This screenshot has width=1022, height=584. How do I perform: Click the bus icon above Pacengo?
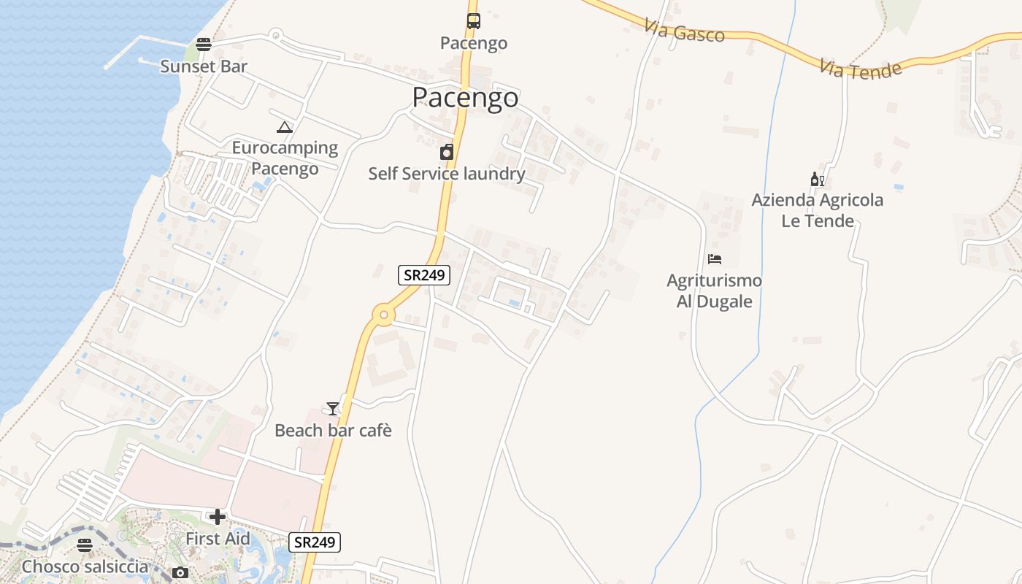pos(474,21)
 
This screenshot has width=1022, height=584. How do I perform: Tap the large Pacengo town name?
pos(465,97)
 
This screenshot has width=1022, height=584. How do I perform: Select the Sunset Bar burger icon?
pos(204,45)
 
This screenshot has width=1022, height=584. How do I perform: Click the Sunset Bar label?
pos(204,66)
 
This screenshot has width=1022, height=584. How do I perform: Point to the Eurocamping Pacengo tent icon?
pos(285,128)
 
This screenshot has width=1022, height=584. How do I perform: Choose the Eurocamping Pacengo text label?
pos(285,158)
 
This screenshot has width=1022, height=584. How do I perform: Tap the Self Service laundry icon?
pos(446,152)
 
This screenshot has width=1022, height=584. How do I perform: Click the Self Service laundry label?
pos(446,174)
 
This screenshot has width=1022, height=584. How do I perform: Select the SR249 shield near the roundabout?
pos(424,275)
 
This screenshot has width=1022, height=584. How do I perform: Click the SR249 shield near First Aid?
pos(315,542)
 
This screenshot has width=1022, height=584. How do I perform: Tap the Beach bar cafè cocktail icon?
pos(333,409)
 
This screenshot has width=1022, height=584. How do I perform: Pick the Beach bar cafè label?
pos(333,431)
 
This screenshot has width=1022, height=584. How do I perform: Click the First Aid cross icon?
pos(217,518)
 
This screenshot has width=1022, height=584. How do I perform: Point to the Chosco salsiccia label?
pos(85,566)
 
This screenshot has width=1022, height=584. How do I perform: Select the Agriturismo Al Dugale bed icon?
pos(715,259)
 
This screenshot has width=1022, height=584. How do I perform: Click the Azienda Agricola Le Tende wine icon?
pos(818,179)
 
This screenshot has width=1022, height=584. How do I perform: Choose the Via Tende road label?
pos(860,69)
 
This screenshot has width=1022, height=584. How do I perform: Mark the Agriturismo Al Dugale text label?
pos(715,291)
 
